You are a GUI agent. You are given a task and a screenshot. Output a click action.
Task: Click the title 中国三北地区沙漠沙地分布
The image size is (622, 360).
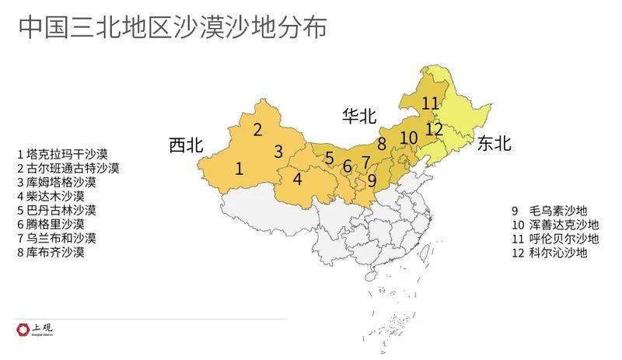(x=173, y=28)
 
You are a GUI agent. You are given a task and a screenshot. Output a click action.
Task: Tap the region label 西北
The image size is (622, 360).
(x=186, y=145)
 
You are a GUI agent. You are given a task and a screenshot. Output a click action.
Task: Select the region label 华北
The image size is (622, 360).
(x=359, y=117)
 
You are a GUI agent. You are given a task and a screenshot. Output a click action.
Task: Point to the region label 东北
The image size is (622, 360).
(x=494, y=143)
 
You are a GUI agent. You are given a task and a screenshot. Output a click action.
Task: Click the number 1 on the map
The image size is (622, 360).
(x=239, y=167)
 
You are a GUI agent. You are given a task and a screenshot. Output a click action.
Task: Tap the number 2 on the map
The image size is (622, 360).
(x=257, y=130)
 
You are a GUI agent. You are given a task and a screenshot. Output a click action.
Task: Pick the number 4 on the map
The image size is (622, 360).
(x=297, y=178)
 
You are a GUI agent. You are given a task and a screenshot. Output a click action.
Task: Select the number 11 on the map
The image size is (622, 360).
(x=430, y=103)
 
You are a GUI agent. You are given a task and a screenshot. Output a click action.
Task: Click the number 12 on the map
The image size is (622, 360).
(x=435, y=128)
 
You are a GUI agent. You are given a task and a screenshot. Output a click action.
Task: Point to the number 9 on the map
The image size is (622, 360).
(x=372, y=180)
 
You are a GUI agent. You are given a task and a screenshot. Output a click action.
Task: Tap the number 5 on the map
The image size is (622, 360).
(x=330, y=159)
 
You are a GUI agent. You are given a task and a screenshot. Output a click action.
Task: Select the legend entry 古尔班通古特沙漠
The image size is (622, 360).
(x=68, y=168)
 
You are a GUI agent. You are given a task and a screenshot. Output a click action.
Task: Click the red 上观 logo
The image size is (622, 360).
(x=22, y=330)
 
